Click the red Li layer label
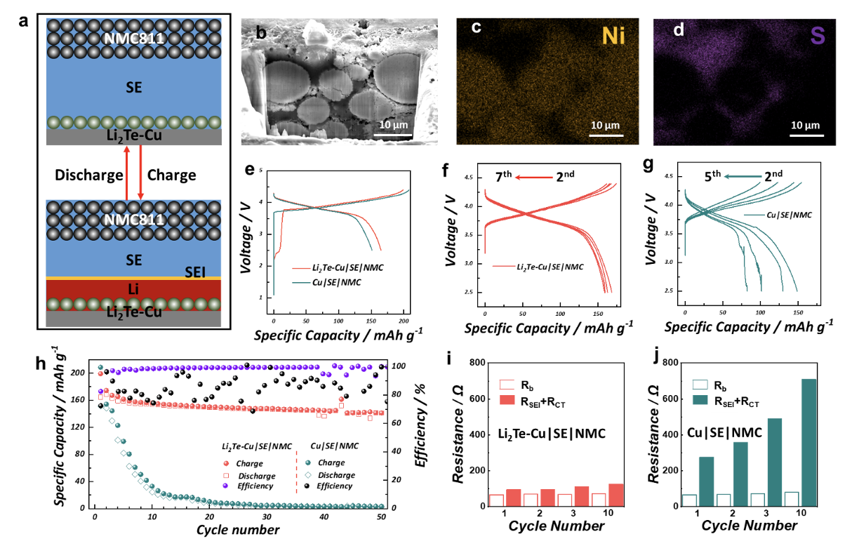[x=135, y=289]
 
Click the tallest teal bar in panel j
[x=809, y=442]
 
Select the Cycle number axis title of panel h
[x=238, y=530]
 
